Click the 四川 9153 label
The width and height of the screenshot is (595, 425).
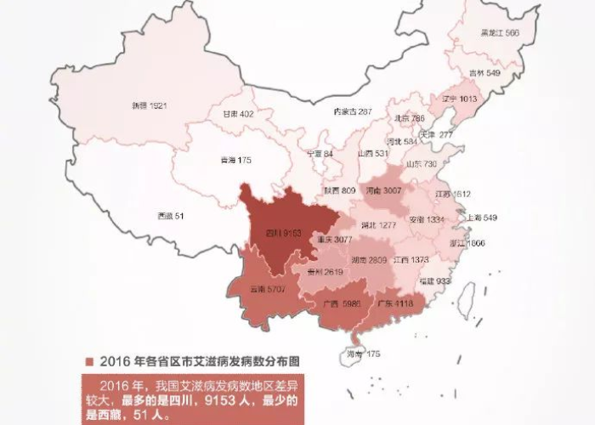coord(280,232)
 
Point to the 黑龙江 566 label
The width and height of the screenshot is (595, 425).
coord(500,33)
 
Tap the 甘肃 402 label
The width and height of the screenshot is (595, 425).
coord(238,113)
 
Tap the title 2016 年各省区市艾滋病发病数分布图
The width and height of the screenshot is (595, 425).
coord(200,360)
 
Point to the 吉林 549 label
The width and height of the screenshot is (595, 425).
coord(485,73)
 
